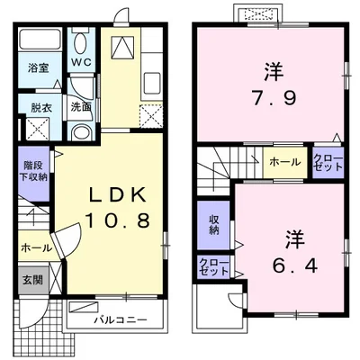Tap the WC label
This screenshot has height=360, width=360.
pyautogui.click(x=81, y=62)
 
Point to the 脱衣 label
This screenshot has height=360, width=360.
pyautogui.click(x=37, y=106)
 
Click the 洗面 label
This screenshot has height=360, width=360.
pyautogui.click(x=81, y=106)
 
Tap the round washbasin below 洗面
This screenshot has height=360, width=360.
pyautogui.click(x=80, y=132)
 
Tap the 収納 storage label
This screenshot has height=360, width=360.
pyautogui.click(x=214, y=224)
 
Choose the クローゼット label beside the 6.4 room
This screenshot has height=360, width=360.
pyautogui.click(x=215, y=266)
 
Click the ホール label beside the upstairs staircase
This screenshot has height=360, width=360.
pyautogui.click(x=285, y=162)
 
